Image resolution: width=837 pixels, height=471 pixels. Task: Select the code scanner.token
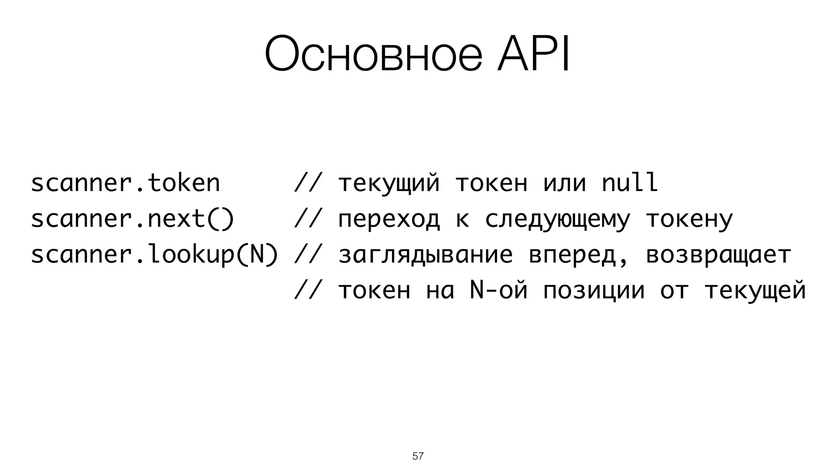point(125,183)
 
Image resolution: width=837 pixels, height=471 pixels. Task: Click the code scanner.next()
point(132,219)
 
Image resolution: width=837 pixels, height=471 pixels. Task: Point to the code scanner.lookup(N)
point(154,255)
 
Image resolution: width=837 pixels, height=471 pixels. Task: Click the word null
point(630,183)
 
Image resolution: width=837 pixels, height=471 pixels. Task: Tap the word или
point(564,184)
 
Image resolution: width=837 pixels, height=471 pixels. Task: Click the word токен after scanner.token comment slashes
point(491,184)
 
